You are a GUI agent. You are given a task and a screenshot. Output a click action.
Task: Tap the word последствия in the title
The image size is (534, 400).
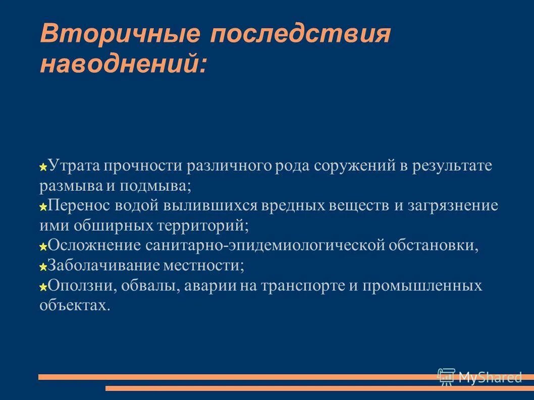[300, 35]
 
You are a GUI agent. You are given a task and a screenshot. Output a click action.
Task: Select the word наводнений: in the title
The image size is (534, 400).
[123, 65]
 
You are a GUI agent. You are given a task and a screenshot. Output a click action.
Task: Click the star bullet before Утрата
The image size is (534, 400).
[43, 166]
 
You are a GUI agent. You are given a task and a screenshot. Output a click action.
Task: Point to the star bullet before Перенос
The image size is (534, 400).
[43, 206]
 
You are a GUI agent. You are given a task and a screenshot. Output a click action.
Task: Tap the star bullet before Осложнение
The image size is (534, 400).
[43, 246]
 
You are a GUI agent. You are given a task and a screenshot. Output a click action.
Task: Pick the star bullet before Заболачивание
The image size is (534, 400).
[43, 266]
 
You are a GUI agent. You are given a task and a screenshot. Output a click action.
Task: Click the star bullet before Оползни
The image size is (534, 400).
[43, 287]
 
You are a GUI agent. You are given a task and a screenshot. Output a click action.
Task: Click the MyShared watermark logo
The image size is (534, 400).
[479, 377]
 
